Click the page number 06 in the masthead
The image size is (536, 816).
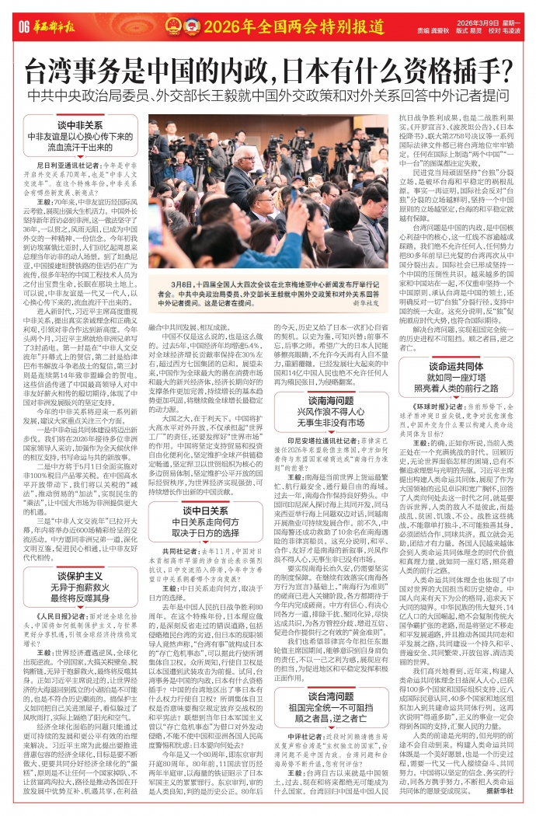coord(22,28)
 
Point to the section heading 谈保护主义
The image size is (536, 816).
coord(80,553)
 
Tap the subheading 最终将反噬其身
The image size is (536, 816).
coord(80,578)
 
